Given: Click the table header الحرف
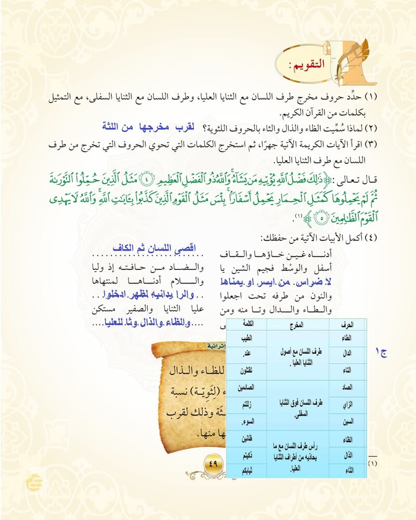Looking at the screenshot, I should (x=349, y=324).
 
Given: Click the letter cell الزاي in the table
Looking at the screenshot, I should (x=349, y=404).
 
